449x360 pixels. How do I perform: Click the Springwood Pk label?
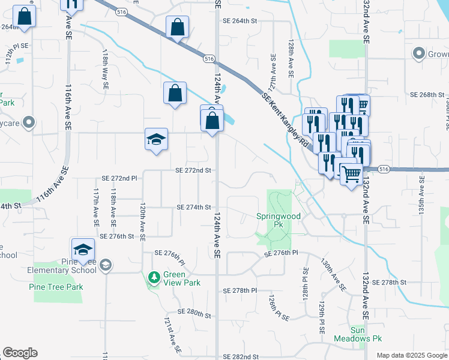(x=278, y=220)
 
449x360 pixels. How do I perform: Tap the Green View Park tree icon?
(x=154, y=278)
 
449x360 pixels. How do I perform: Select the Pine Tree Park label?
(x=56, y=287)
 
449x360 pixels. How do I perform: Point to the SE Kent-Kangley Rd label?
(x=285, y=121)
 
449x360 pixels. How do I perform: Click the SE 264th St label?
(x=240, y=20)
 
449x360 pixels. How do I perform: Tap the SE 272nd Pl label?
(x=119, y=178)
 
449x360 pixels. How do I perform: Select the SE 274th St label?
(x=194, y=207)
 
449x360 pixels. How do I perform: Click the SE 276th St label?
(x=117, y=236)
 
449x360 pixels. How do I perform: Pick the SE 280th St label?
(x=191, y=313)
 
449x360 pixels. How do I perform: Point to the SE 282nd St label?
(x=241, y=356)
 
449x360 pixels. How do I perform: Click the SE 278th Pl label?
(x=237, y=290)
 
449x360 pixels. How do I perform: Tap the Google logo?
(x=20, y=353)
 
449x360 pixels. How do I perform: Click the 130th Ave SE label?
(x=333, y=275)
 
